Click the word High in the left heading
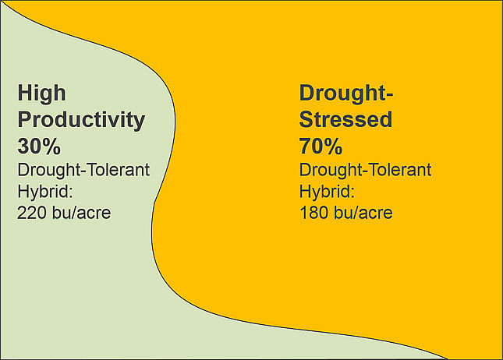tap(41, 94)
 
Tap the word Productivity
tap(81, 121)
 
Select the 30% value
tap(39, 146)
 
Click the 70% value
tap(321, 146)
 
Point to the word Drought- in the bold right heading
tap(346, 94)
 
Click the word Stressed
tap(345, 121)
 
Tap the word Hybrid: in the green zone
tap(44, 191)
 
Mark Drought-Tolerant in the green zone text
tap(83, 170)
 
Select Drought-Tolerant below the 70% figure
tap(365, 170)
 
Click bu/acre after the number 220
tap(83, 212)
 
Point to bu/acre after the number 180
tap(364, 212)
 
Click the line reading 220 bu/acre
tap(64, 212)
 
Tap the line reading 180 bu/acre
tap(345, 212)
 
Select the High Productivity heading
tap(81, 108)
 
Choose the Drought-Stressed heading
tap(346, 108)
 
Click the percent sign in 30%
tap(52, 146)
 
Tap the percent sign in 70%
tap(334, 146)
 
